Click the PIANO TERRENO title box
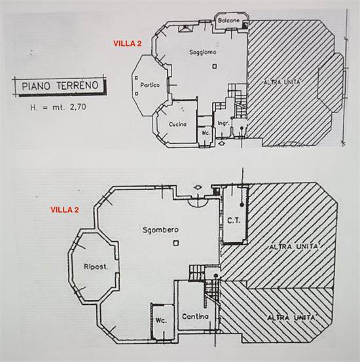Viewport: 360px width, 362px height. [60, 86]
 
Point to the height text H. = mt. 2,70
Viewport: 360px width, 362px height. [58, 107]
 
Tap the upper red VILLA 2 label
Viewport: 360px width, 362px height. [127, 44]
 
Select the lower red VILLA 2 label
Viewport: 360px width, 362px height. [65, 210]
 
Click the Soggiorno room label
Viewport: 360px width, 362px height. [203, 52]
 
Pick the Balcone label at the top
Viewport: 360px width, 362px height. [228, 20]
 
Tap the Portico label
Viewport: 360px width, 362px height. [150, 85]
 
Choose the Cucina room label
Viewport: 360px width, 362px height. [177, 124]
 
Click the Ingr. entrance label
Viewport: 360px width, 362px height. [223, 123]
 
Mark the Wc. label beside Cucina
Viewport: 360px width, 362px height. [206, 133]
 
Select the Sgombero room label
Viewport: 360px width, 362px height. [160, 230]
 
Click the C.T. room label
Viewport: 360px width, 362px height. [234, 221]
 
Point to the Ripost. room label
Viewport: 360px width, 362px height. [96, 267]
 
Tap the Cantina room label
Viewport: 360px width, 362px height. [195, 317]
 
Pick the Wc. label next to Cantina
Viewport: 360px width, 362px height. [161, 321]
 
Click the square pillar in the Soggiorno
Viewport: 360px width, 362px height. [215, 67]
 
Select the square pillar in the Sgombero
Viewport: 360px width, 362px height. [176, 243]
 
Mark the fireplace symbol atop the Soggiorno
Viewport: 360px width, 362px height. [186, 28]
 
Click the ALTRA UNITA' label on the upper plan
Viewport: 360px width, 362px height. [283, 82]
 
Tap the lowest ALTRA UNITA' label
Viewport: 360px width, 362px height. [291, 318]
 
